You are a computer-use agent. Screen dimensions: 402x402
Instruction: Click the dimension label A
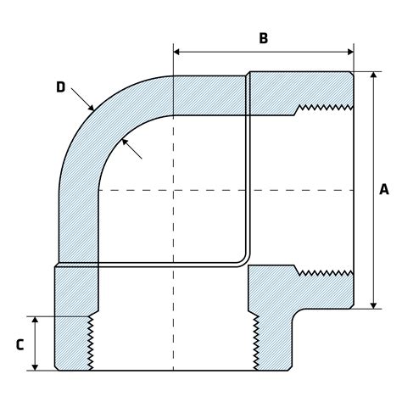tap(383, 191)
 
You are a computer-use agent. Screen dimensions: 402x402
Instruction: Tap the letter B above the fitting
tap(263, 38)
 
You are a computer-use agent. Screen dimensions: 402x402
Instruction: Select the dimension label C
tap(19, 344)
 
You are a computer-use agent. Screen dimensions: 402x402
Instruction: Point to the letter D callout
tap(60, 87)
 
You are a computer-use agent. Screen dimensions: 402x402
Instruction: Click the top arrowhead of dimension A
tap(373, 75)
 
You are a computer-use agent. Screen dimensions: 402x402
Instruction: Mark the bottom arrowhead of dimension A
tap(373, 305)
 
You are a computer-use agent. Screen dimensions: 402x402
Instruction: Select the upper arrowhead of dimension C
tap(35, 321)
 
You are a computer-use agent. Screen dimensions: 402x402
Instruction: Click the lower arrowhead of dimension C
tap(35, 366)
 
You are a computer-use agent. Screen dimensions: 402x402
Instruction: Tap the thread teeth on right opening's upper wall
tap(326, 109)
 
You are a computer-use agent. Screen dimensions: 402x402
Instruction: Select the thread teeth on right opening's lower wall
tap(326, 272)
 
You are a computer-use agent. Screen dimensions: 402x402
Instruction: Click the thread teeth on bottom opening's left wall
tap(92, 343)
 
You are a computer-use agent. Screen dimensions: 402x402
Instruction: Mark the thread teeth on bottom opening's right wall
tap(252, 343)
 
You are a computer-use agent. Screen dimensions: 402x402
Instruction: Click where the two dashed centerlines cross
tap(173, 191)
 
